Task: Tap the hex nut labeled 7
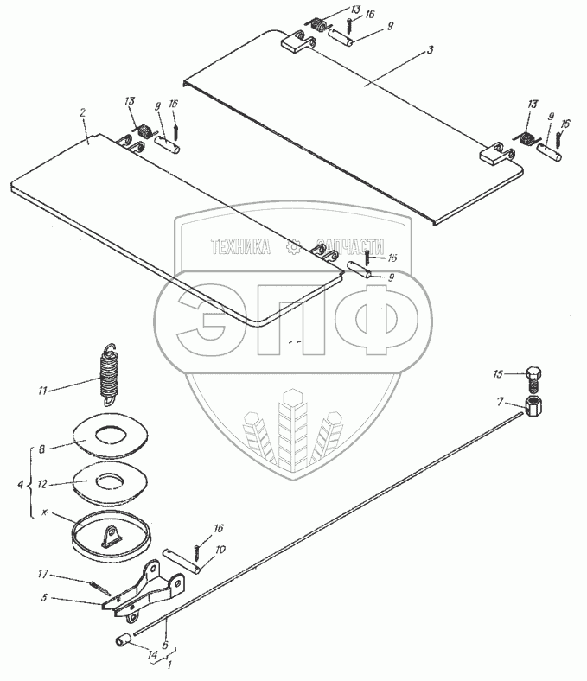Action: [x=535, y=404]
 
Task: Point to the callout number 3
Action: [x=430, y=51]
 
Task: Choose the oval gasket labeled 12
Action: [x=109, y=481]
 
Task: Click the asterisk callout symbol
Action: [x=40, y=514]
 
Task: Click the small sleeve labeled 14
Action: [x=124, y=643]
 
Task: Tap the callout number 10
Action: [x=221, y=549]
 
